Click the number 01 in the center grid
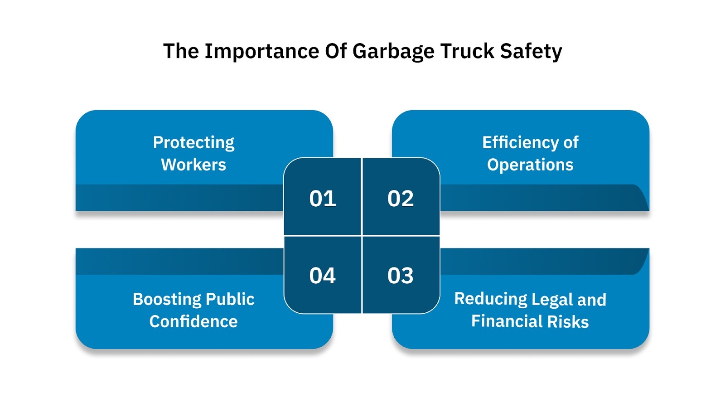[323, 199]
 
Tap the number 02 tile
[401, 199]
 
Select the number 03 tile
[401, 276]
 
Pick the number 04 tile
[323, 276]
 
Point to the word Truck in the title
[467, 51]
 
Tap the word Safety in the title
[531, 52]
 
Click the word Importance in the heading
[262, 52]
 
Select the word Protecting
[193, 143]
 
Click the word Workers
[193, 165]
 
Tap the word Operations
[530, 165]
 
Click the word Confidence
[193, 321]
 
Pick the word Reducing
[491, 299]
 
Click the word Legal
[552, 300]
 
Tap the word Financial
[507, 321]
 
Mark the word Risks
[568, 321]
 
